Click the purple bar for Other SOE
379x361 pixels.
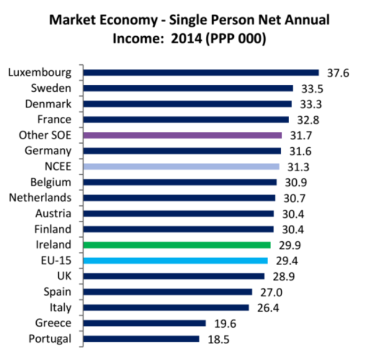click(183, 135)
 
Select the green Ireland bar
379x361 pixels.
click(177, 245)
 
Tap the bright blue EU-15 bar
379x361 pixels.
click(176, 261)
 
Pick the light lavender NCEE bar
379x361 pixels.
click(181, 166)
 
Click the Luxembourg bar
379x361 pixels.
click(201, 72)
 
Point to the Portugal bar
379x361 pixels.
click(141, 339)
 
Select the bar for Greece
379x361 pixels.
click(145, 323)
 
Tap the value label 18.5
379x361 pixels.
click(217, 339)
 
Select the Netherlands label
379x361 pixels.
click(40, 197)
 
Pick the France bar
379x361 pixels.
click(186, 120)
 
